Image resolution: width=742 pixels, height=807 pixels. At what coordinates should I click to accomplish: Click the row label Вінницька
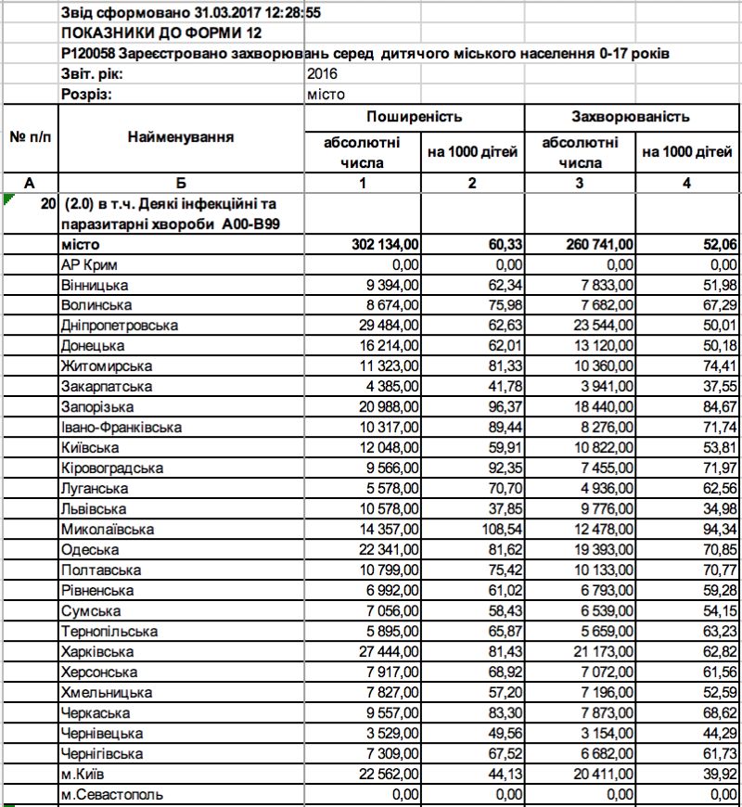(x=95, y=285)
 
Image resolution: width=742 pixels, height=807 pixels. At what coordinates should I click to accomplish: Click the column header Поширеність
(x=414, y=118)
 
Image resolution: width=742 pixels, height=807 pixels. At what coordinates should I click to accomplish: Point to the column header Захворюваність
(x=631, y=118)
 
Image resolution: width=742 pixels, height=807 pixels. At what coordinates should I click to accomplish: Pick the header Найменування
(x=181, y=137)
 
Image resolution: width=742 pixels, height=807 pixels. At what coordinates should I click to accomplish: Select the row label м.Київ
(x=82, y=775)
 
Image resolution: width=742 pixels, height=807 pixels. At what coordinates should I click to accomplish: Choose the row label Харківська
(x=96, y=652)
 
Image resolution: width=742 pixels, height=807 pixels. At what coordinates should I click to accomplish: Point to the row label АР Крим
(x=89, y=264)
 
